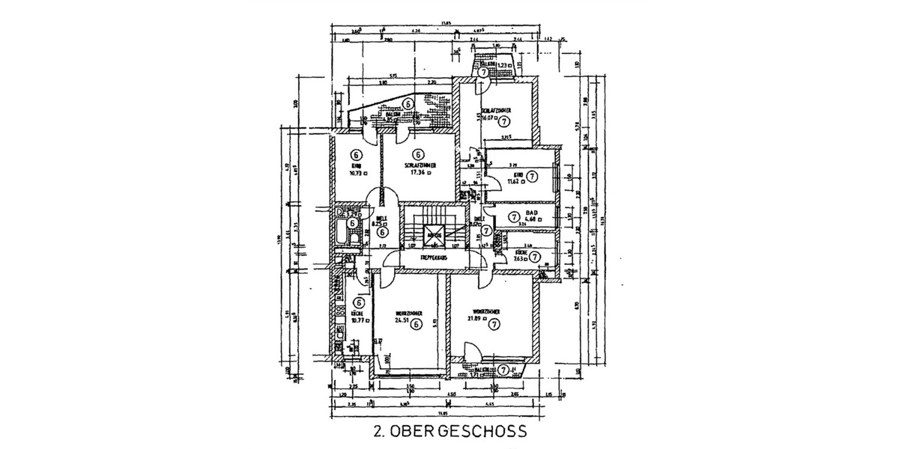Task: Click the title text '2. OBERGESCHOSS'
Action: (449, 432)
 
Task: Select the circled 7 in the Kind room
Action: (531, 177)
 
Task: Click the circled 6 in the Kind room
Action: (356, 153)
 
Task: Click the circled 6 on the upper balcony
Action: (408, 104)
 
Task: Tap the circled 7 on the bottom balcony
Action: (503, 370)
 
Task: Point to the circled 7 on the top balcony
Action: (492, 73)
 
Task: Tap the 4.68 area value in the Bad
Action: (532, 219)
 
